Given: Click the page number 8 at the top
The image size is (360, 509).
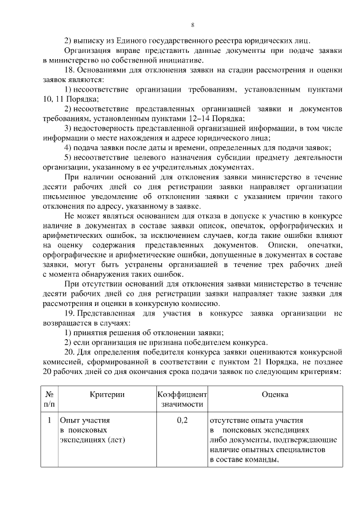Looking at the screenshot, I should coord(192,25).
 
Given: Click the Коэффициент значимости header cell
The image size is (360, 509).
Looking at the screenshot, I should coord(182,399).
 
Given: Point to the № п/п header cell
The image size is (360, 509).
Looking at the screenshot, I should coord(49,399).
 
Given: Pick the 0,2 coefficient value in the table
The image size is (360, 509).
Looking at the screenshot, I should coord(182,420).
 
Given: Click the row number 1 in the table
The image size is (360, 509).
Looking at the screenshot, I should coord(49,420).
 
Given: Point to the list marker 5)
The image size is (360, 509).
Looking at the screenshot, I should coord(67,156).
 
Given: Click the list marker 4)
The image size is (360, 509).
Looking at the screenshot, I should coord(67,147).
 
